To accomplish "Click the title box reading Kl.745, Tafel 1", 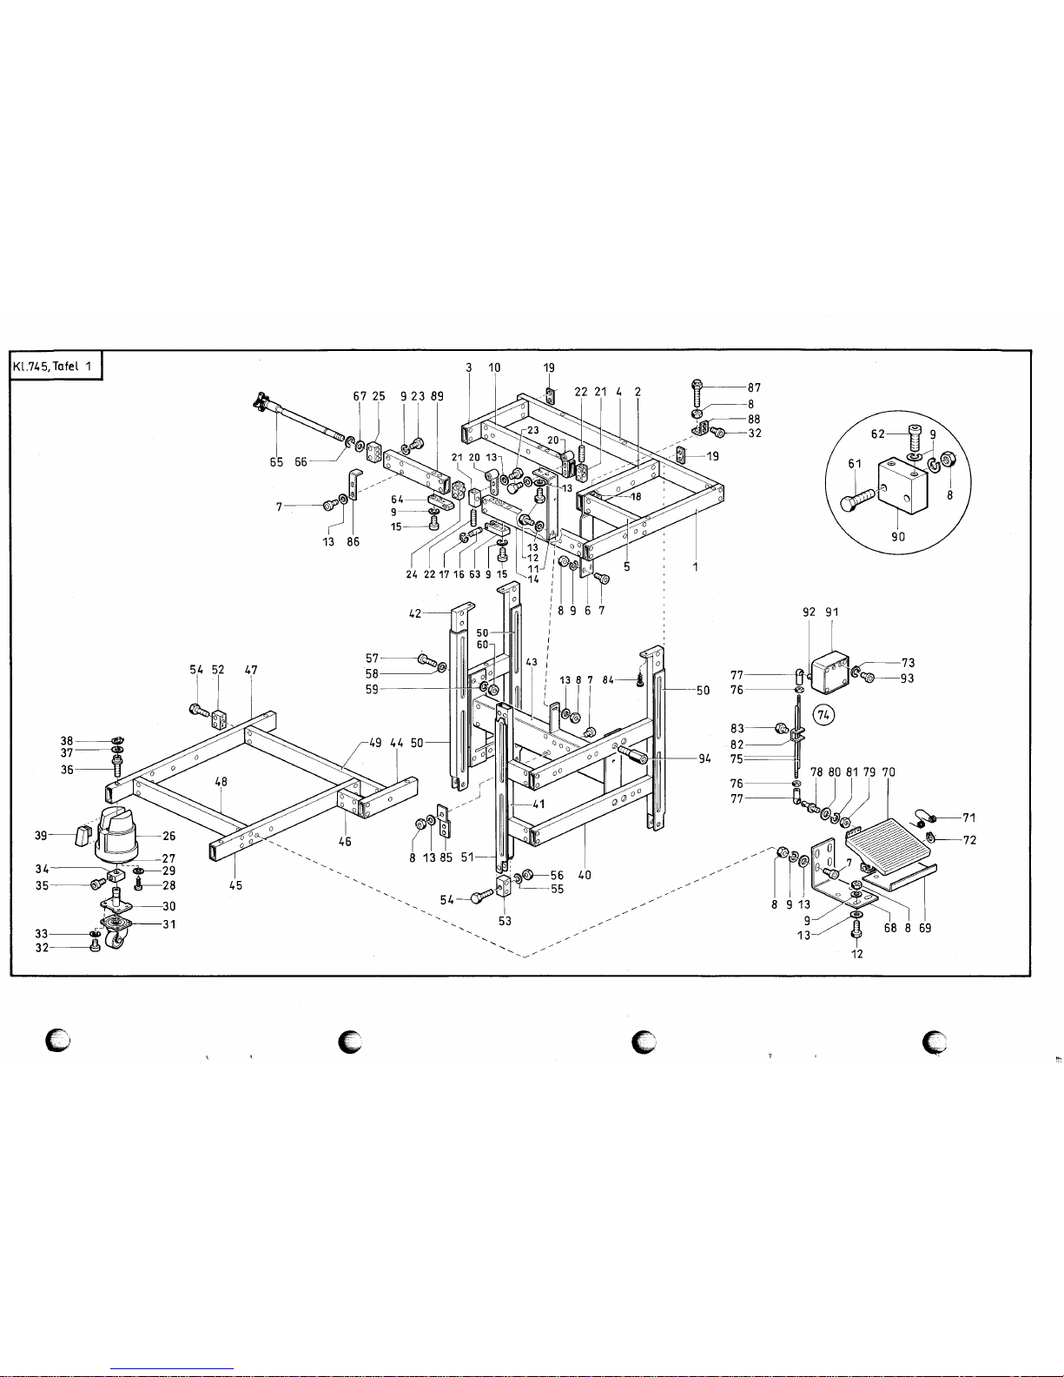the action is [x=56, y=367].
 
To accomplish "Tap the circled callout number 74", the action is [x=823, y=715].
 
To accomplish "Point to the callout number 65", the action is [x=277, y=462].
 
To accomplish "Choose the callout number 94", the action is [x=705, y=758].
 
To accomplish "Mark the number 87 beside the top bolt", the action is [x=754, y=387].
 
